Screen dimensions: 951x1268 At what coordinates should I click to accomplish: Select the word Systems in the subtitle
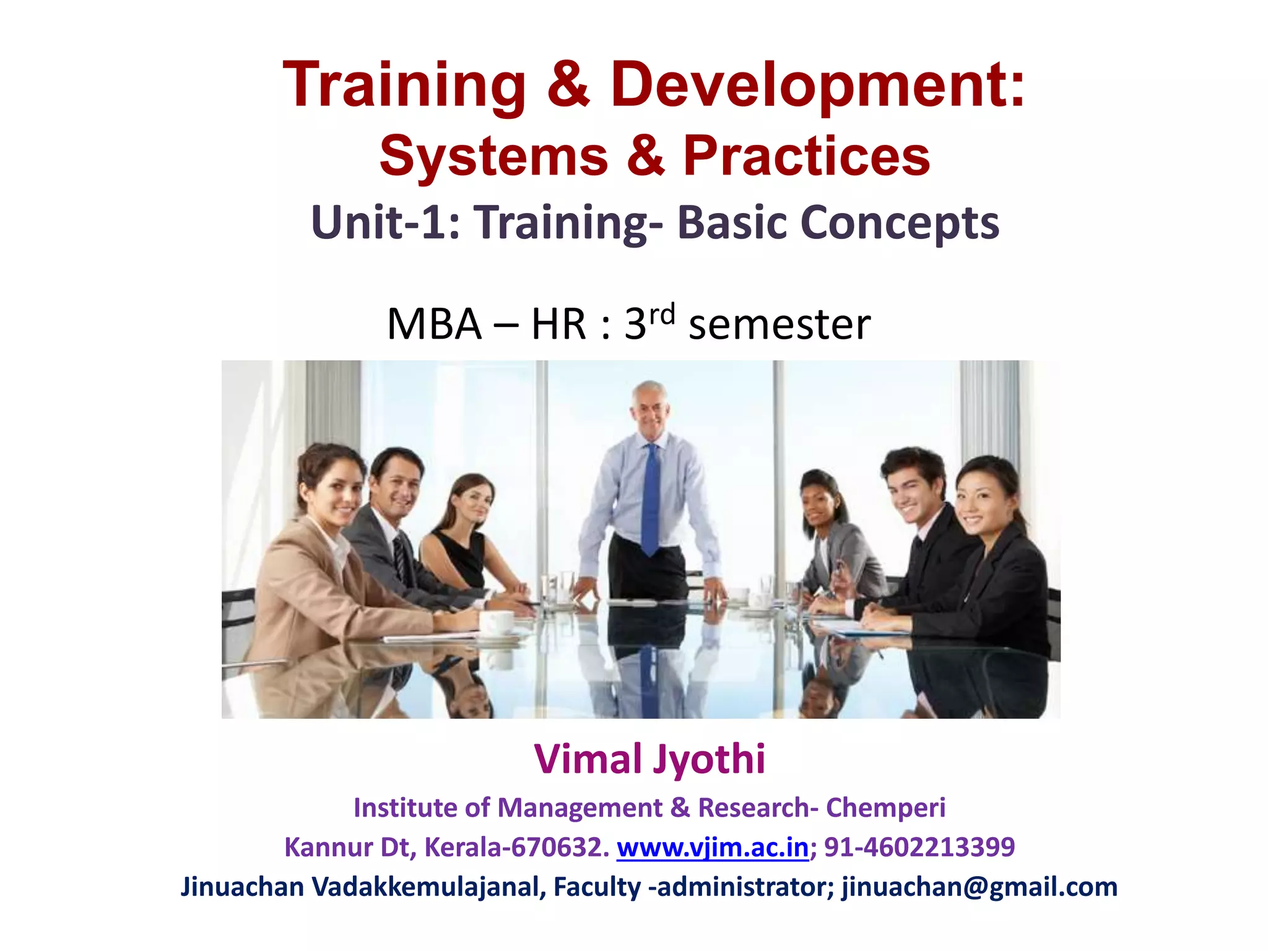pos(493,156)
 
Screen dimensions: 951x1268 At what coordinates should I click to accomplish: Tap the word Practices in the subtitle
pos(806,156)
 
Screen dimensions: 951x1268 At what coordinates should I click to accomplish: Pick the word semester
pos(779,324)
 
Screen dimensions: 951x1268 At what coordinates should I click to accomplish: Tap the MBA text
pos(434,324)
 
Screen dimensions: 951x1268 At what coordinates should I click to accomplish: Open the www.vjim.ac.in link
pos(713,847)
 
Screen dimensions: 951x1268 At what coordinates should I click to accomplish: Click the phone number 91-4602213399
pos(919,847)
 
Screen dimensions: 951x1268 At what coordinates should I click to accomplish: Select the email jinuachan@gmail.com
pos(979,887)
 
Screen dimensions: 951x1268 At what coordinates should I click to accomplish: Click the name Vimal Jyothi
pos(649,759)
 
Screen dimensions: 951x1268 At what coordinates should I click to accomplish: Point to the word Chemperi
pos(885,807)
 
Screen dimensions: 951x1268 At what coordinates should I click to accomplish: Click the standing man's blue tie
pos(650,495)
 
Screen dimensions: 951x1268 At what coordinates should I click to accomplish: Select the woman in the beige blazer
pos(322,557)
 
